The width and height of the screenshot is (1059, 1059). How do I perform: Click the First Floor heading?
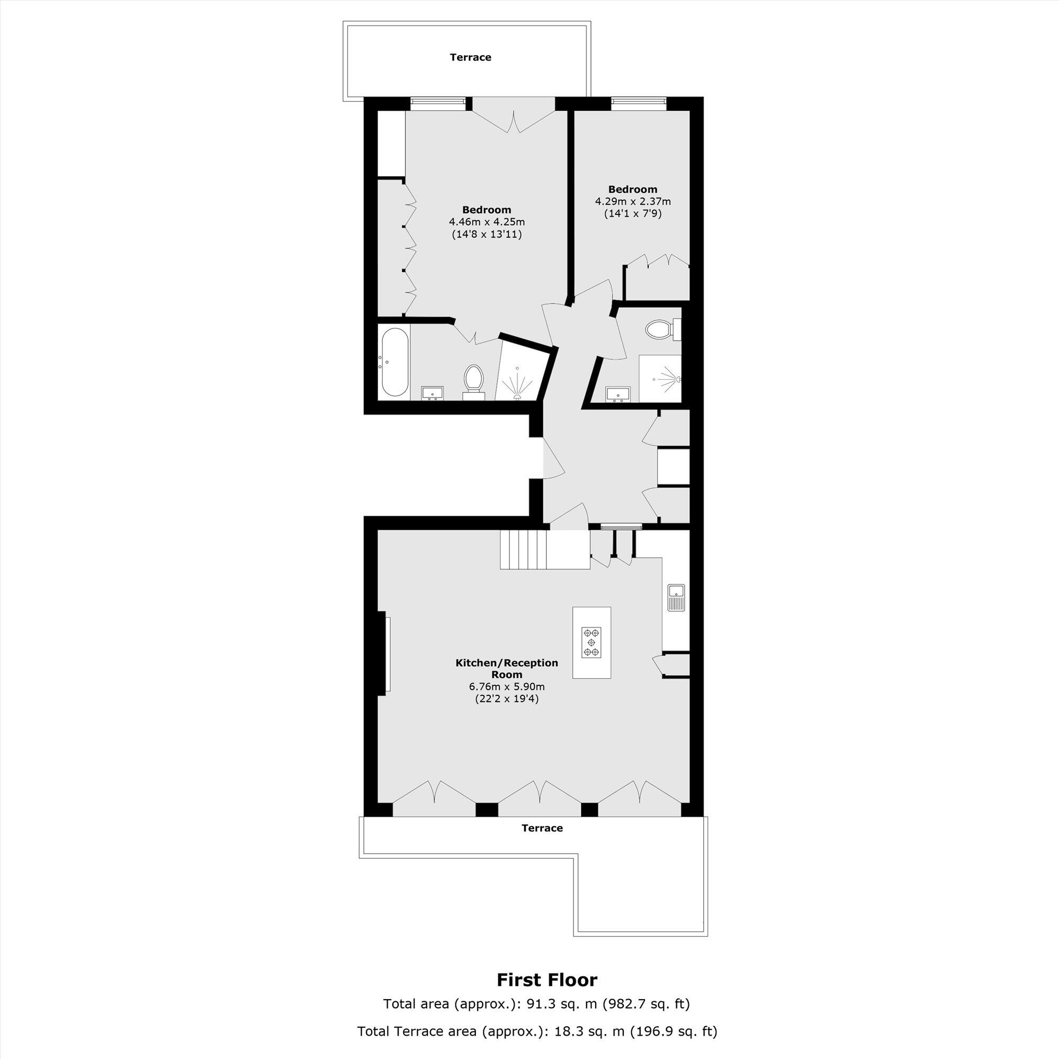[546, 980]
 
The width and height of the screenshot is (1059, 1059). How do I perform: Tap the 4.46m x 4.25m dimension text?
[487, 222]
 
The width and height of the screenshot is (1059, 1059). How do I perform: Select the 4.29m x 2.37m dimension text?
[633, 201]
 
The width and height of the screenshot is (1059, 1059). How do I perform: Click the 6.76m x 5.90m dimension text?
[507, 686]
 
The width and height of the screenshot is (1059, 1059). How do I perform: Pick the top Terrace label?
[470, 57]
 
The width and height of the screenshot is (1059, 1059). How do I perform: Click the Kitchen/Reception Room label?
[507, 668]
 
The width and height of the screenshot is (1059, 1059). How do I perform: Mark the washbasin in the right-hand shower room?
[619, 393]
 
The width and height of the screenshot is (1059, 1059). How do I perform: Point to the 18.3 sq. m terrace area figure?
[582, 1031]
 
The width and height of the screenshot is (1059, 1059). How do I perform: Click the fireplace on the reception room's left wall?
[386, 654]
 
